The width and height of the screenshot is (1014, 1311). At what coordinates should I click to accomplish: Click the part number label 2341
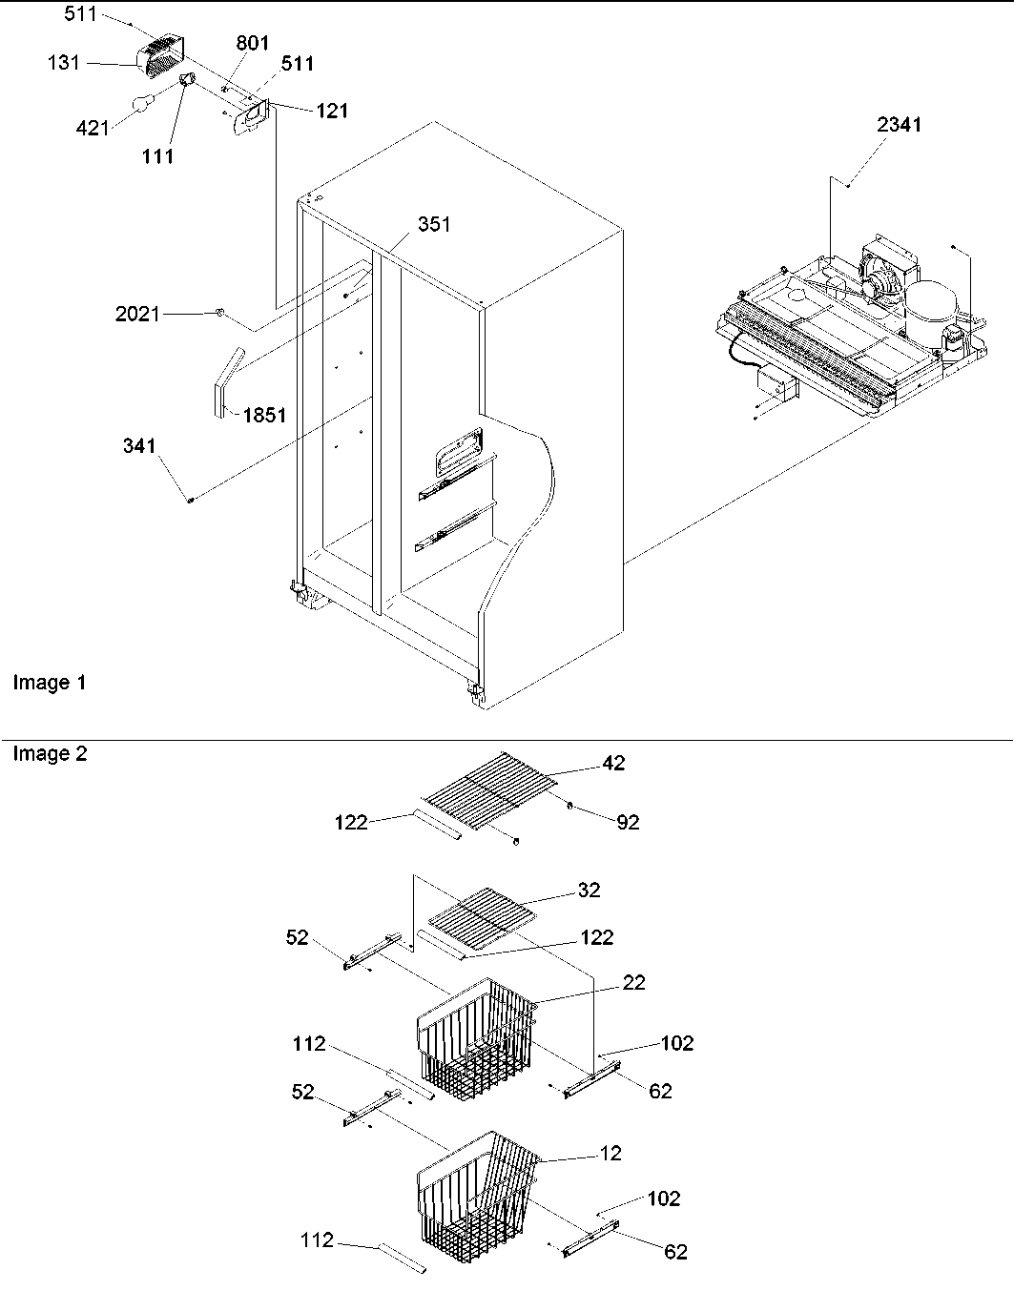(x=899, y=125)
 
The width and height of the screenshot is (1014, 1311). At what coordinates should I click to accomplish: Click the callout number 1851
(x=264, y=416)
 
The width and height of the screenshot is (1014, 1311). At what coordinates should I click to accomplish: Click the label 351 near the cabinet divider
(x=433, y=225)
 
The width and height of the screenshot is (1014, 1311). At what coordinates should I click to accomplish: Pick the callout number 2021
(x=137, y=314)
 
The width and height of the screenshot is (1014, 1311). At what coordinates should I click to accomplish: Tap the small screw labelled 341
(x=191, y=499)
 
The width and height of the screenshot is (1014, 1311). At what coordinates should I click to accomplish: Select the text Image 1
(x=50, y=683)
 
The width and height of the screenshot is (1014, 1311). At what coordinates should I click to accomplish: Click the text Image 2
(x=50, y=754)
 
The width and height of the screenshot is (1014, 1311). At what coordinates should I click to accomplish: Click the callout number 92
(x=627, y=821)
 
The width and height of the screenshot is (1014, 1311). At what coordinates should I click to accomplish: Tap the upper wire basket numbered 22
(x=477, y=1034)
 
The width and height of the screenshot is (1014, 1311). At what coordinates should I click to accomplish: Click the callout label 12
(x=610, y=1154)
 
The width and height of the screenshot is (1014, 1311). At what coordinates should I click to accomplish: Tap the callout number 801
(x=253, y=43)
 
